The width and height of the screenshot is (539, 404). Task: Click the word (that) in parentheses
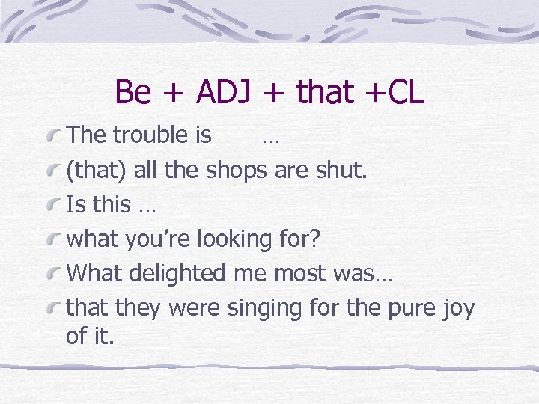[x=97, y=171]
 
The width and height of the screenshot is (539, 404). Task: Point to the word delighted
[x=175, y=274]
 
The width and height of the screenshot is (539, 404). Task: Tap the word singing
[x=267, y=308]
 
